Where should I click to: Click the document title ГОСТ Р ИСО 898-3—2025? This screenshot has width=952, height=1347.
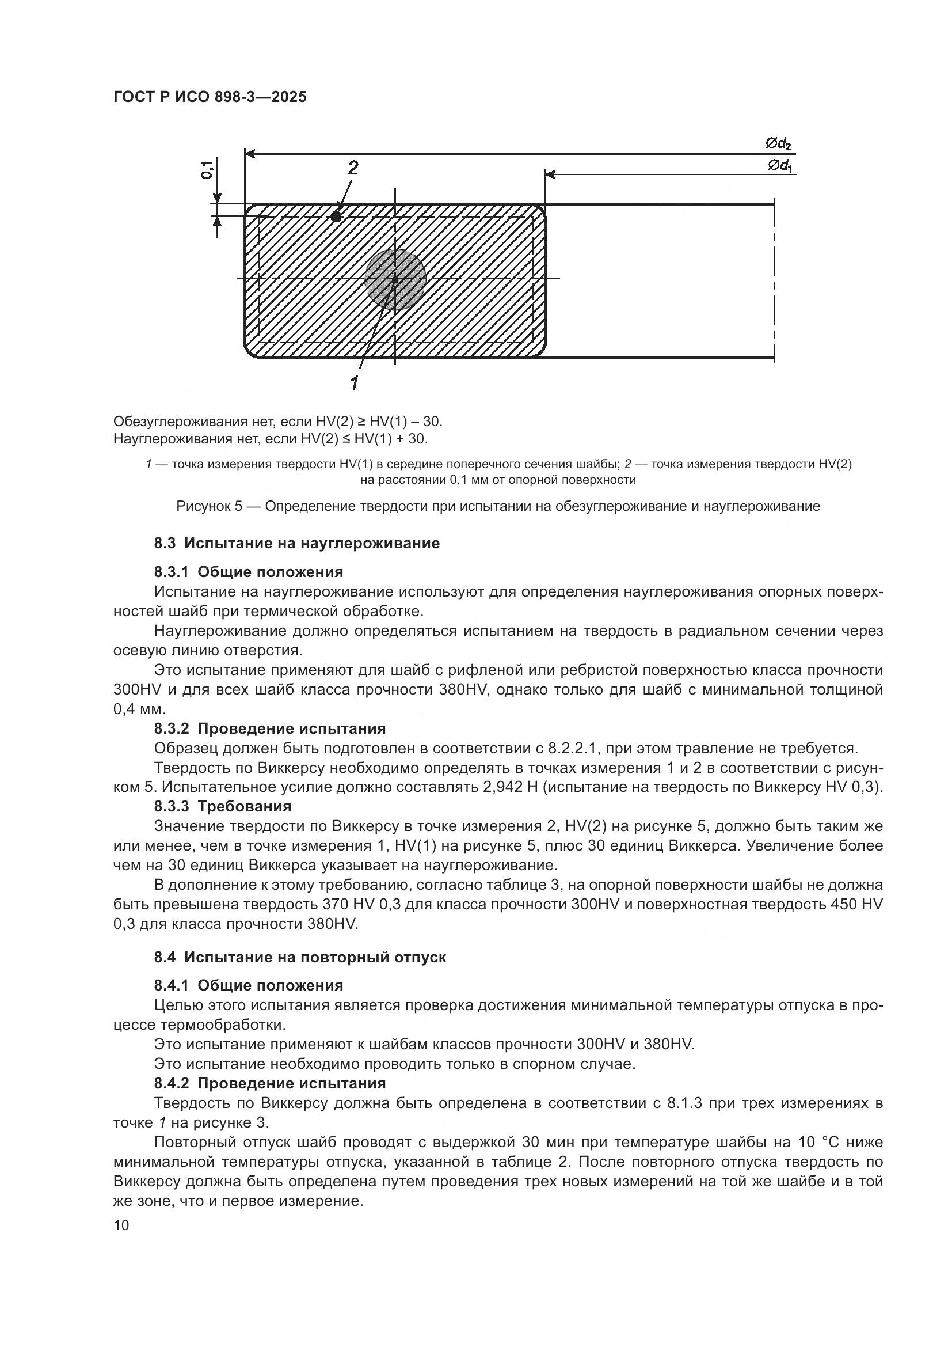(210, 97)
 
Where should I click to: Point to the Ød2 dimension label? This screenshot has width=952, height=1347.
(779, 143)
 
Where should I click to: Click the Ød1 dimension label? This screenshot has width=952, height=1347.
(780, 166)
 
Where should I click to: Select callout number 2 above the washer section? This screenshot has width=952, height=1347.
(353, 168)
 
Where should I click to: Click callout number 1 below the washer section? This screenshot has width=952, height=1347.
(355, 383)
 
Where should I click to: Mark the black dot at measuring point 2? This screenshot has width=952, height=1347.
(336, 217)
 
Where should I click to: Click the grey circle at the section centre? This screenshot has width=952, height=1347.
(395, 280)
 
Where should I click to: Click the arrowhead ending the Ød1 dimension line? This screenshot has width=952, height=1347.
(550, 174)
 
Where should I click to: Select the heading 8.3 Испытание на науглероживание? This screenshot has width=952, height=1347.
(296, 543)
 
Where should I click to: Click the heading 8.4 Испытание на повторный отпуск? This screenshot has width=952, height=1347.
(299, 957)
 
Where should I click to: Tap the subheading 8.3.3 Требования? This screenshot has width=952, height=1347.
(223, 806)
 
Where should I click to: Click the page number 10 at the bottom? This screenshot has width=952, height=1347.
(121, 1225)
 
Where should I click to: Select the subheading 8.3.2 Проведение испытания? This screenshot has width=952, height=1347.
(269, 728)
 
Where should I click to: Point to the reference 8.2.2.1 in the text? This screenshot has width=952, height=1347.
(572, 748)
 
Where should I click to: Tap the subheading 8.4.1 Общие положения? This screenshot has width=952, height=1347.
(249, 985)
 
